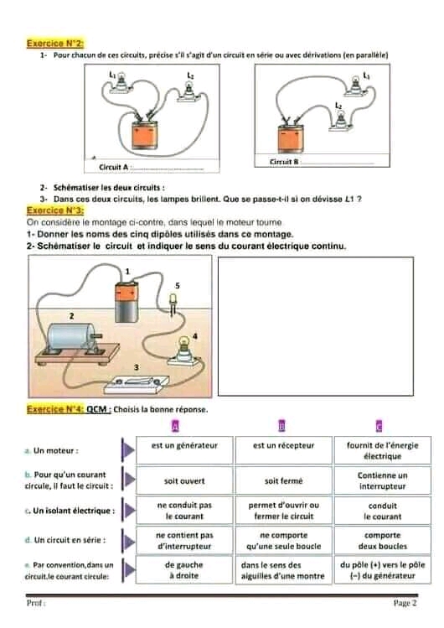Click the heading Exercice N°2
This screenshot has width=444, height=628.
(55, 44)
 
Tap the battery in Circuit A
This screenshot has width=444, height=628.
(144, 134)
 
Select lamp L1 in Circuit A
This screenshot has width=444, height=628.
(118, 84)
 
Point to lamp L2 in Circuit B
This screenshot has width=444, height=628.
(340, 120)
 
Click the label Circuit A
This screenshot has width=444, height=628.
(114, 167)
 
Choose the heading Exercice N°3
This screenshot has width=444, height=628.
(55, 210)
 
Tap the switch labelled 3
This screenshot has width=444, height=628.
(137, 384)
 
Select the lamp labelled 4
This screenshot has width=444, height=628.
(183, 350)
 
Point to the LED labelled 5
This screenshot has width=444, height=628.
(173, 304)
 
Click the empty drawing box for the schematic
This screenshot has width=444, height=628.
(316, 326)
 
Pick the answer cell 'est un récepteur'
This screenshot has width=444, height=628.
(284, 450)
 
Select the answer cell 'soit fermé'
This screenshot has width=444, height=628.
(284, 480)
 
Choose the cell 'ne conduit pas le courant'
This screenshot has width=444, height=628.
(184, 511)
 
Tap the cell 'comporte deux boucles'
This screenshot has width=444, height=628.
(382, 540)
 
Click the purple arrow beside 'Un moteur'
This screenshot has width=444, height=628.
(128, 450)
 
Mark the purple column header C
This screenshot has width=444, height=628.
(379, 426)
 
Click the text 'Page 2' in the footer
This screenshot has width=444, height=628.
(405, 603)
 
